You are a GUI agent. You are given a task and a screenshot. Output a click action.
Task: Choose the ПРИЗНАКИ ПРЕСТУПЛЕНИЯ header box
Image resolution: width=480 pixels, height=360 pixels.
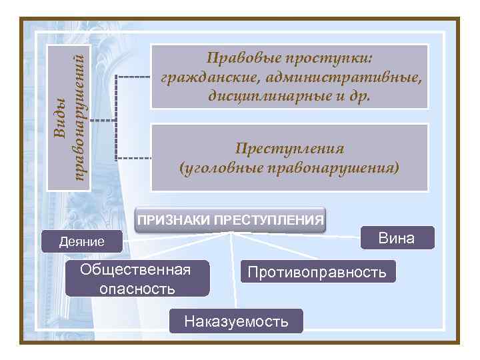231,219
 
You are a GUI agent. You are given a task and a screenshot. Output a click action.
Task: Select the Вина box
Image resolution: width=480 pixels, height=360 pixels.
397,238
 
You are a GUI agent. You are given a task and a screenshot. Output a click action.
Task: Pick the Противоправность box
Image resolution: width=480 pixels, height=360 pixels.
317,271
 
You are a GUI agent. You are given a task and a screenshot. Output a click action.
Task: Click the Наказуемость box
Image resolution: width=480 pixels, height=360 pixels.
237,321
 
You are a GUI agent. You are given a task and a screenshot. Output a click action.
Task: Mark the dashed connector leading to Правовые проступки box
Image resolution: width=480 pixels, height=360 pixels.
133,76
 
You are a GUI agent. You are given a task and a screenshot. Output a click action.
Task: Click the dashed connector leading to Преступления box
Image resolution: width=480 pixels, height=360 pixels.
133,159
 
